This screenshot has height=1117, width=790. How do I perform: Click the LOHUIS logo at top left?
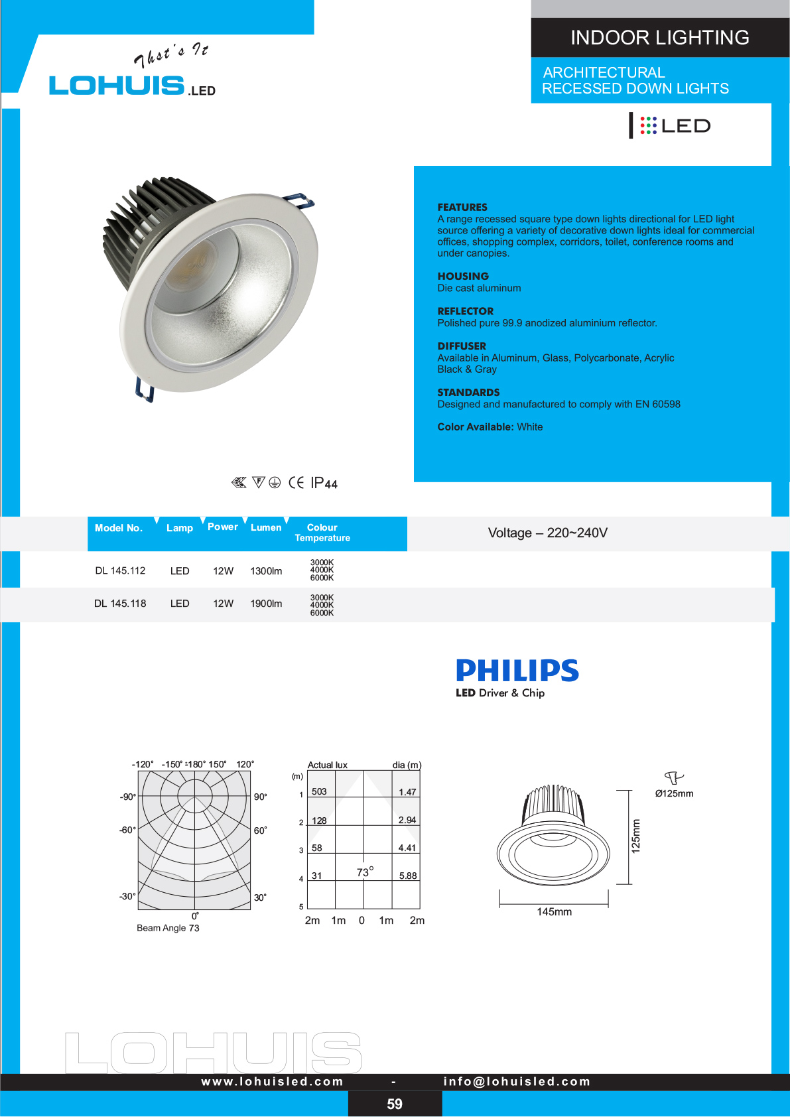point(117,85)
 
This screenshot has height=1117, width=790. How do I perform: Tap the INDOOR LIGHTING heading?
point(659,38)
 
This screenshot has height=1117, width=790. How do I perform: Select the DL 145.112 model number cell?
point(120,570)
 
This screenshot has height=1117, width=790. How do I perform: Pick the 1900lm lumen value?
point(266,604)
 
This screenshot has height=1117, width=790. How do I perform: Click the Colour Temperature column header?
point(322,533)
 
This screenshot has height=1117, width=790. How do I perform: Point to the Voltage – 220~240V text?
point(547,533)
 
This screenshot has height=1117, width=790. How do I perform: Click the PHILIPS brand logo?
point(517,671)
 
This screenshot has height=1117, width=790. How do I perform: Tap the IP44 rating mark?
point(324,483)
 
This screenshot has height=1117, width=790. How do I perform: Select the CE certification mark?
point(296,483)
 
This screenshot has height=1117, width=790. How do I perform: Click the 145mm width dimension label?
point(554,912)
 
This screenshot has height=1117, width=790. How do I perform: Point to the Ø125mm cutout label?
point(674,793)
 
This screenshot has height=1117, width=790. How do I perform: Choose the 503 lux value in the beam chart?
point(319,791)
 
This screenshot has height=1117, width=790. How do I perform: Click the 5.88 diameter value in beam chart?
point(408,876)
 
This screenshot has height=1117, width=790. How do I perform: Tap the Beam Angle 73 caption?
point(168,928)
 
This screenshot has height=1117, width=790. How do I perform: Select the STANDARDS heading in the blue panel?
point(468,393)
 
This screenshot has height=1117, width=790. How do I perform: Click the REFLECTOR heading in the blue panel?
point(465,311)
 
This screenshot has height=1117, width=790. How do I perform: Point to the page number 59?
point(395,1104)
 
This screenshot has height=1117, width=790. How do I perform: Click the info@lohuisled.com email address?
point(517,1081)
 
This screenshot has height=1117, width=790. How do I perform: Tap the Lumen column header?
point(266,527)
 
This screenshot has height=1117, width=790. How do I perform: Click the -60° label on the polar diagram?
point(127,830)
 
